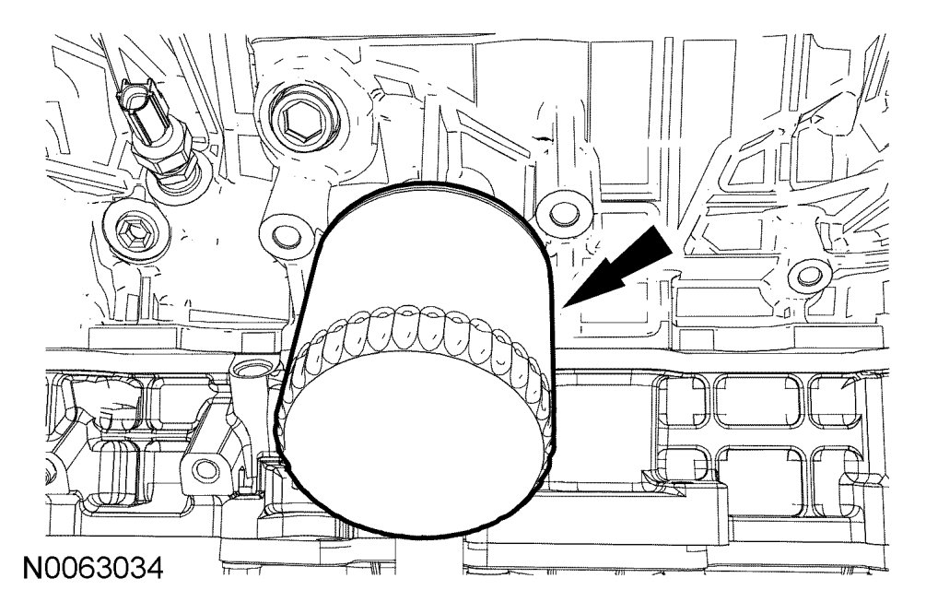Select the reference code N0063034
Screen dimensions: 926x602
click(x=93, y=568)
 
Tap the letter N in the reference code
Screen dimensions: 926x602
click(x=32, y=568)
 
